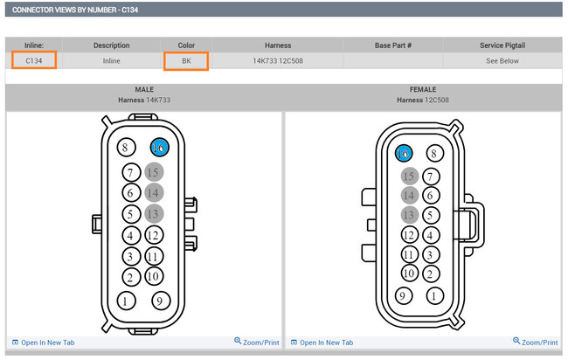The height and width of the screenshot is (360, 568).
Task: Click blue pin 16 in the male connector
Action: pyautogui.click(x=159, y=148)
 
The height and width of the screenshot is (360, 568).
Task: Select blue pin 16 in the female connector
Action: pyautogui.click(x=404, y=154)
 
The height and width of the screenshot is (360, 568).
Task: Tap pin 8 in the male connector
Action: pyautogui.click(x=126, y=148)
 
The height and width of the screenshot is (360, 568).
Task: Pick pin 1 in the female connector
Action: pyautogui.click(x=434, y=296)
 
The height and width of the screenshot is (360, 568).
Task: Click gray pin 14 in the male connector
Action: pyautogui.click(x=154, y=193)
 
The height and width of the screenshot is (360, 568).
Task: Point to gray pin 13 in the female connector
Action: pyautogui.click(x=409, y=215)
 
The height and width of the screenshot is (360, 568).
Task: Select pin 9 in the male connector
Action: pyautogui.click(x=161, y=301)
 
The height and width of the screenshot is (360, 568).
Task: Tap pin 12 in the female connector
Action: pyautogui.click(x=409, y=235)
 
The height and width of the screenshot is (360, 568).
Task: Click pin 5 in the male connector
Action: pyautogui.click(x=131, y=214)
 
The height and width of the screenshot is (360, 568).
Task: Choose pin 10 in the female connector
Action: pyautogui.click(x=409, y=273)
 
